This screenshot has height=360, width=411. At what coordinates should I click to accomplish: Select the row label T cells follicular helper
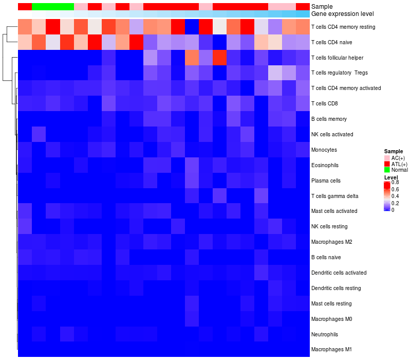337,57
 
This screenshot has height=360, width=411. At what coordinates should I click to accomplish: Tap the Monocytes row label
324,150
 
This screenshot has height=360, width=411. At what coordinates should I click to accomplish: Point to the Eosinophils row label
325,165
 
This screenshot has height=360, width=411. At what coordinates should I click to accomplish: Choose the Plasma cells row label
326,181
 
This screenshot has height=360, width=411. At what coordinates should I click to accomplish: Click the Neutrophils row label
325,334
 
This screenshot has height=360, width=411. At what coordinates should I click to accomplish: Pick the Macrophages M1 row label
331,350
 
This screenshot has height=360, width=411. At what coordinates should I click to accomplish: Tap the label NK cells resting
329,226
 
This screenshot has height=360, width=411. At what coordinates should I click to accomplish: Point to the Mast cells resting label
331,303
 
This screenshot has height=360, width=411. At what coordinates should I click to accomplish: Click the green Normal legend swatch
387,170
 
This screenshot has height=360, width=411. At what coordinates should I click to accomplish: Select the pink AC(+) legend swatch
387,157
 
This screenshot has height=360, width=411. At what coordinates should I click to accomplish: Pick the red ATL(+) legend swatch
387,164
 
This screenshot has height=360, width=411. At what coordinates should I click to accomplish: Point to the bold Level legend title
391,177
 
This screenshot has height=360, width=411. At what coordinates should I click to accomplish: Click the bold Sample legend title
393,151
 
